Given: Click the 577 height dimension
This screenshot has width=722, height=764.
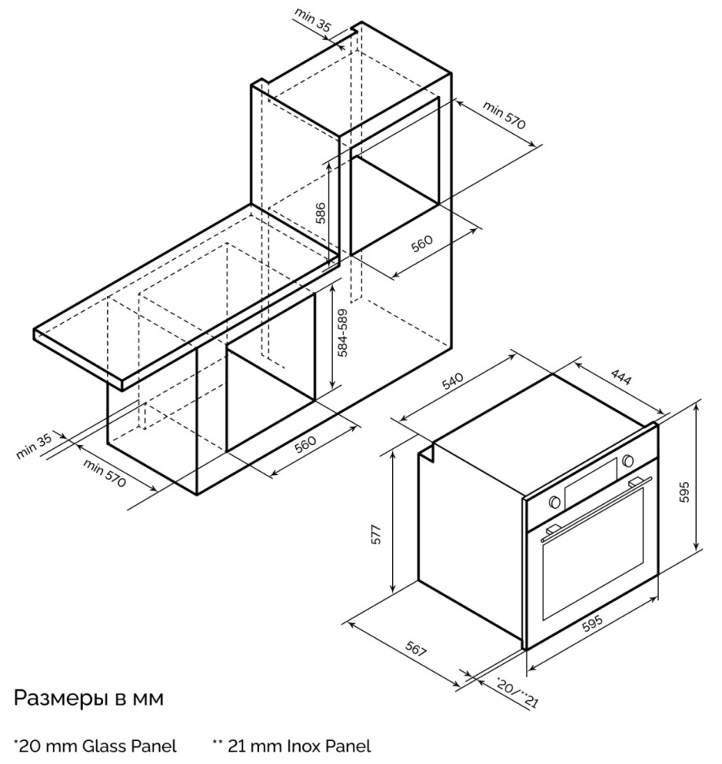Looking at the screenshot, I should pos(376,535).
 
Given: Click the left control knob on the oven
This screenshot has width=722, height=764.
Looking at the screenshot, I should pos(554,501).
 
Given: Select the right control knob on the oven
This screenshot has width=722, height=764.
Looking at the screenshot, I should pos(628,461).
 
